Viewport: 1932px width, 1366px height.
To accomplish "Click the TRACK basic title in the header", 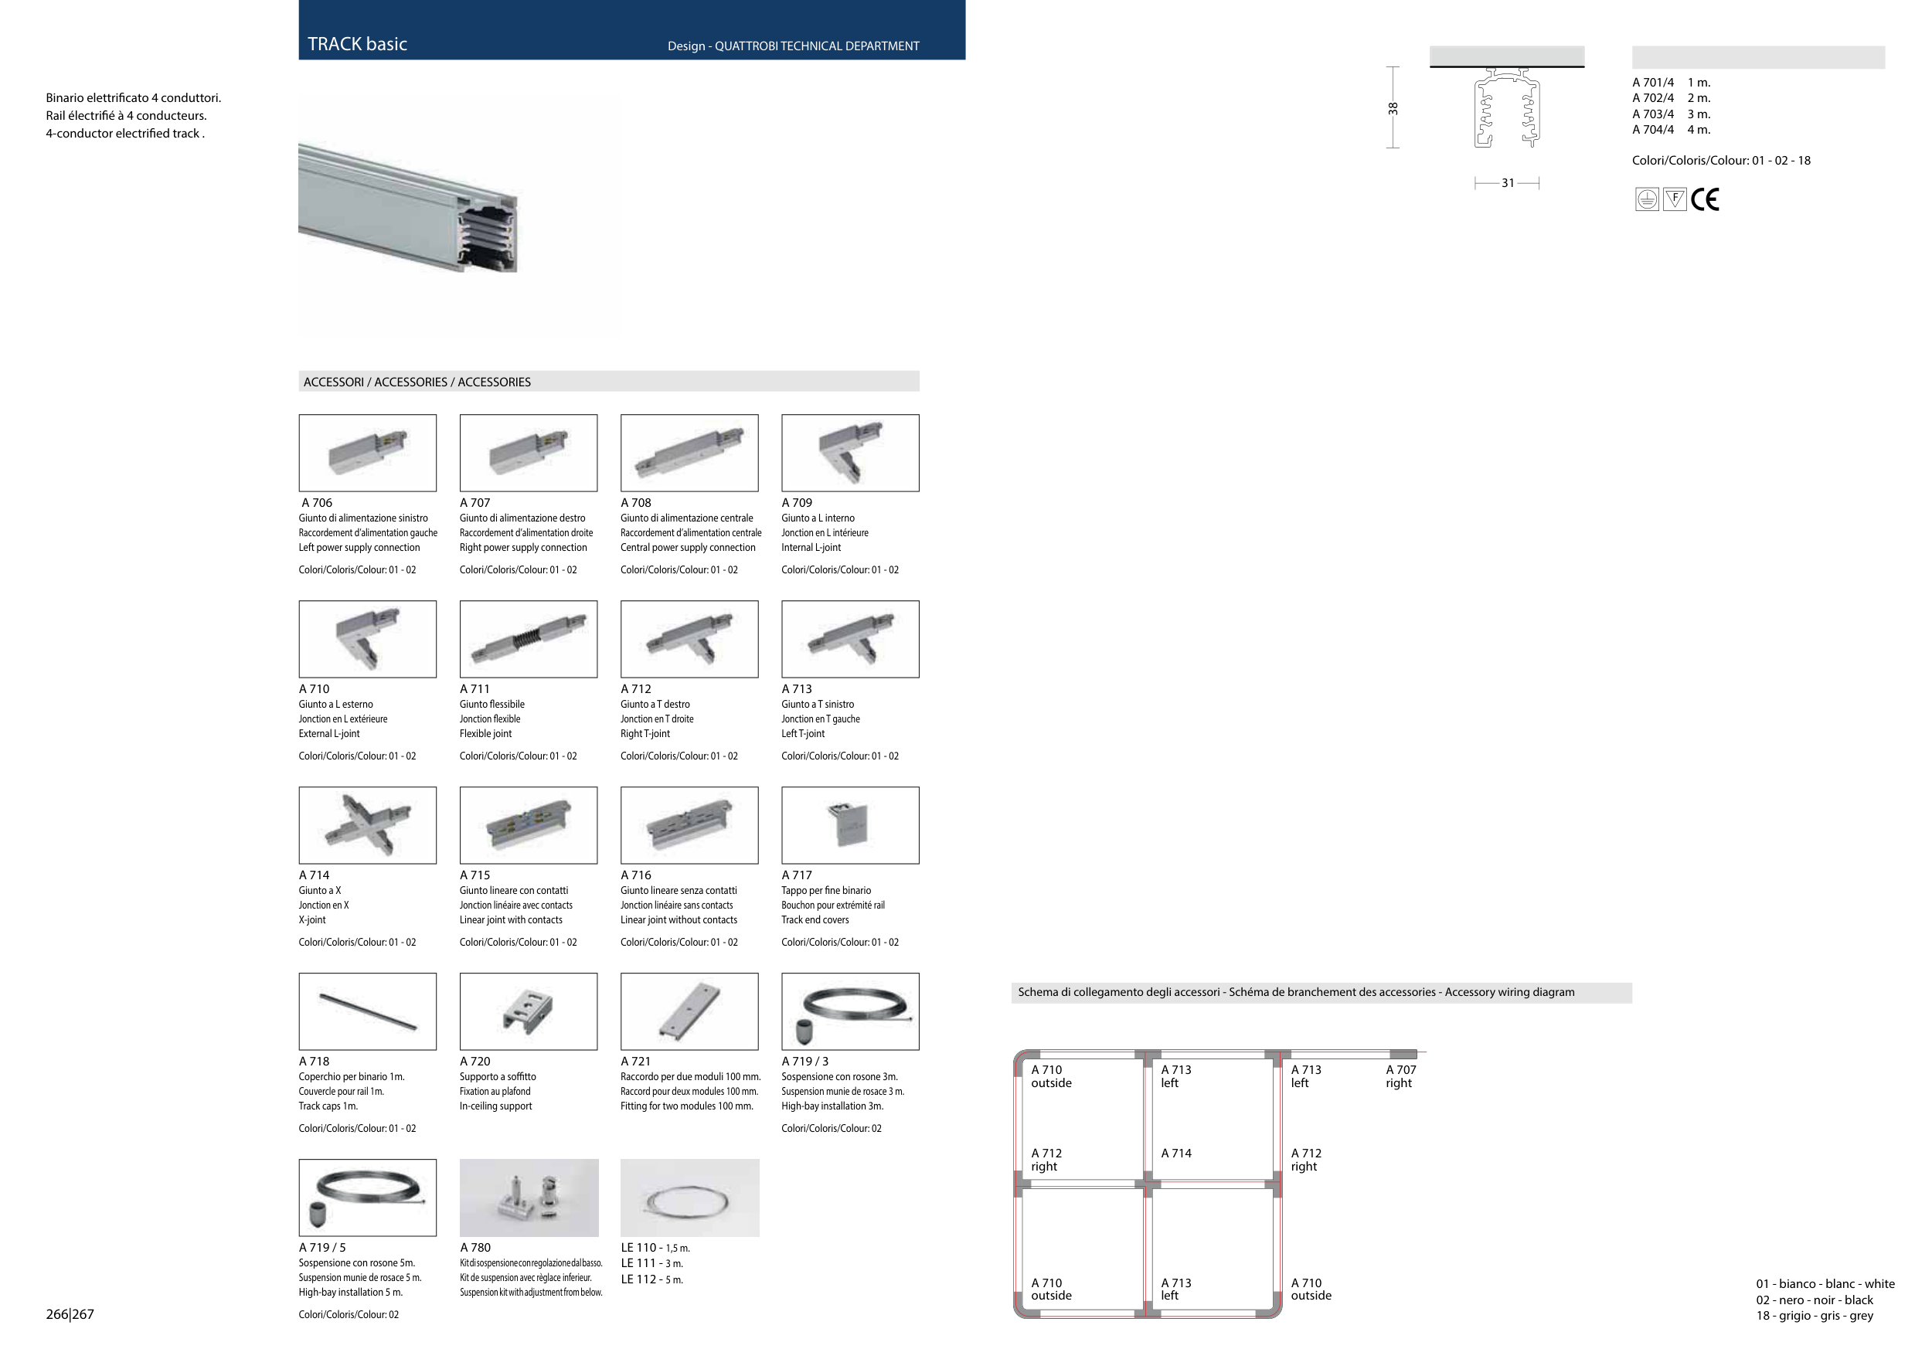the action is click(x=357, y=45).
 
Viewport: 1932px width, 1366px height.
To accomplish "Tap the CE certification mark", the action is click(x=1705, y=199).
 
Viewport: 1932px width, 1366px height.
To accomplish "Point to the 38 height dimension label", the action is click(x=1393, y=108).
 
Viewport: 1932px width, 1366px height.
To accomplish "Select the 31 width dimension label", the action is click(x=1508, y=183).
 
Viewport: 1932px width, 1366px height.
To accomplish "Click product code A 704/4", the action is click(x=1653, y=130).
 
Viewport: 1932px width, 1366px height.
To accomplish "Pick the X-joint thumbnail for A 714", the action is click(x=368, y=825).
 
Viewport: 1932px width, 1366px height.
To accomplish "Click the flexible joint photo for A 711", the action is click(x=529, y=639).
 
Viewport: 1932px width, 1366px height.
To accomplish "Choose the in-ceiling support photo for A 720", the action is click(x=529, y=1012).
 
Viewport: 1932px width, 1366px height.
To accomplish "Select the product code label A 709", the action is click(x=797, y=503).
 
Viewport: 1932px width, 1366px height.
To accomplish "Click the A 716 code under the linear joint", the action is click(x=636, y=875).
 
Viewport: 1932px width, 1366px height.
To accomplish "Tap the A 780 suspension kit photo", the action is click(x=529, y=1198).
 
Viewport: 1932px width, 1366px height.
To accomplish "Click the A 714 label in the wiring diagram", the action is click(x=1176, y=1154).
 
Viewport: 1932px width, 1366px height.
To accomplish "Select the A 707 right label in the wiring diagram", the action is click(x=1401, y=1076).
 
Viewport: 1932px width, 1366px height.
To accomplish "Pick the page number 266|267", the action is click(x=70, y=1315).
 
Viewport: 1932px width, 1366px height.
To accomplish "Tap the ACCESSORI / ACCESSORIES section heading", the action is click(x=417, y=382).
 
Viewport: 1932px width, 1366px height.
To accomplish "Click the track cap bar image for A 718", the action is click(x=368, y=1012).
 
